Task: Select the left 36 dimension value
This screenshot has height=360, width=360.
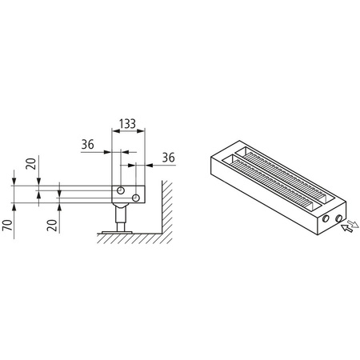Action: click(90, 146)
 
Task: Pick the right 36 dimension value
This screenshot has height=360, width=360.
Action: click(169, 157)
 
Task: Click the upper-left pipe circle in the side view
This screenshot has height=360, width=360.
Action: click(120, 190)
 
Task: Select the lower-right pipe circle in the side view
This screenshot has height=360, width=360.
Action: click(136, 197)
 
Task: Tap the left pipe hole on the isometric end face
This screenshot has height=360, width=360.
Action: click(326, 218)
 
